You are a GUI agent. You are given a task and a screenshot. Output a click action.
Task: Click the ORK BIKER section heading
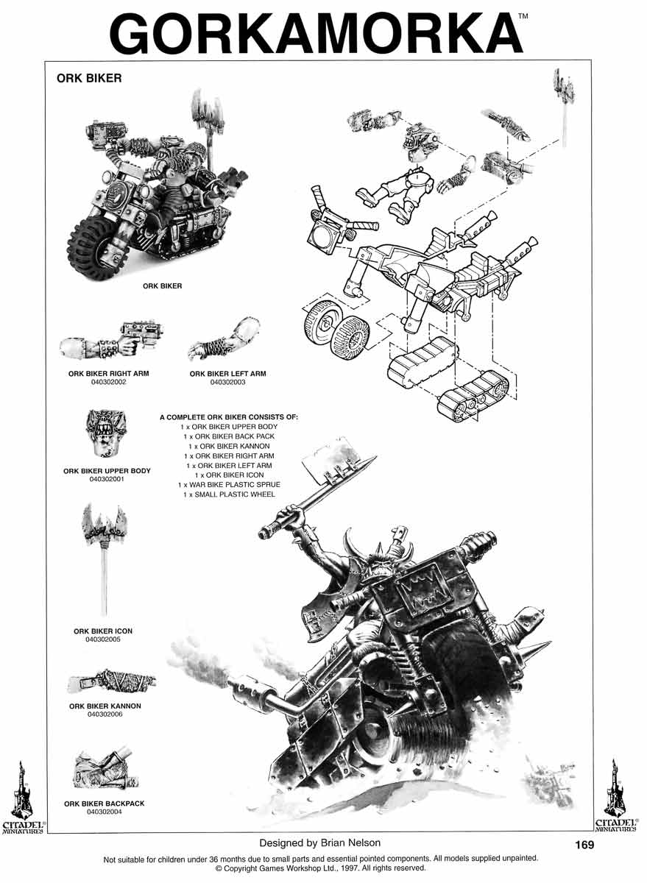click(89, 78)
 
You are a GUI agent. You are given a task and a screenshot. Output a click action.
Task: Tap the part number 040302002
click(108, 382)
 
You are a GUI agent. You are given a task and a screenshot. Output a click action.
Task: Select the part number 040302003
click(227, 382)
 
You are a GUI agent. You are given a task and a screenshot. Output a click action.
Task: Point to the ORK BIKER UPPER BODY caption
click(107, 471)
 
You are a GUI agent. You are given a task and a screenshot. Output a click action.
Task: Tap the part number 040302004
click(104, 812)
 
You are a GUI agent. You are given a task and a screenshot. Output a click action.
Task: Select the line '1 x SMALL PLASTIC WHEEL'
click(229, 494)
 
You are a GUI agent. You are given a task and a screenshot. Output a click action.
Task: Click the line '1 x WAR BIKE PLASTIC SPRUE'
click(229, 484)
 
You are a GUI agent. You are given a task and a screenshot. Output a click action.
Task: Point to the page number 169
click(584, 845)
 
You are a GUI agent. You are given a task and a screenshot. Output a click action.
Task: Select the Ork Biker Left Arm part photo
click(224, 339)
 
